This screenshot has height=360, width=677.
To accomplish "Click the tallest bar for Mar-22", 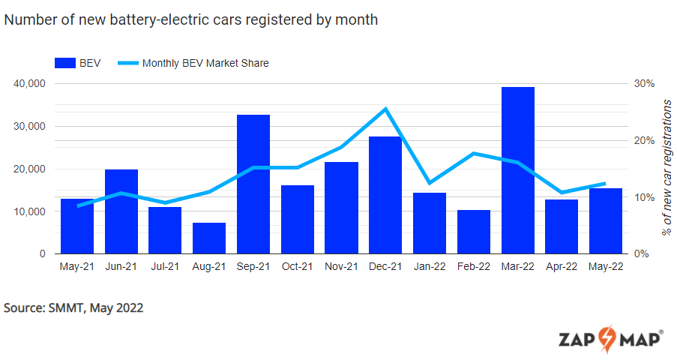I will [517, 170].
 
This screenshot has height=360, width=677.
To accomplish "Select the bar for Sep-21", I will [253, 184].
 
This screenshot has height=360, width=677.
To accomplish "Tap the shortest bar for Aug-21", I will [209, 238].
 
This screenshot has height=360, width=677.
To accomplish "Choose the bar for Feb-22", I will [473, 232].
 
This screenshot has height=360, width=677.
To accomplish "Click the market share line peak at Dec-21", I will [385, 109].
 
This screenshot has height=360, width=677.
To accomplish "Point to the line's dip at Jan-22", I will [430, 183].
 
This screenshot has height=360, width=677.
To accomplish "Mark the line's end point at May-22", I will [605, 183].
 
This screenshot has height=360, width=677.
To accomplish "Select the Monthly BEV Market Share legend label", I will [205, 63].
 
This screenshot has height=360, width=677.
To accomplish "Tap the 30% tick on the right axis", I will [646, 84].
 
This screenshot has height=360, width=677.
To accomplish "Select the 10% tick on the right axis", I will [646, 197].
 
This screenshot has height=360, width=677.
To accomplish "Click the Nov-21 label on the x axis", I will [341, 266].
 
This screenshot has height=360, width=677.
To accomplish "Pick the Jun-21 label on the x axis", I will [121, 266].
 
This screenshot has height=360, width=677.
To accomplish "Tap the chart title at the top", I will [191, 20].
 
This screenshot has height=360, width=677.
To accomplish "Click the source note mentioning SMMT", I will [73, 307].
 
